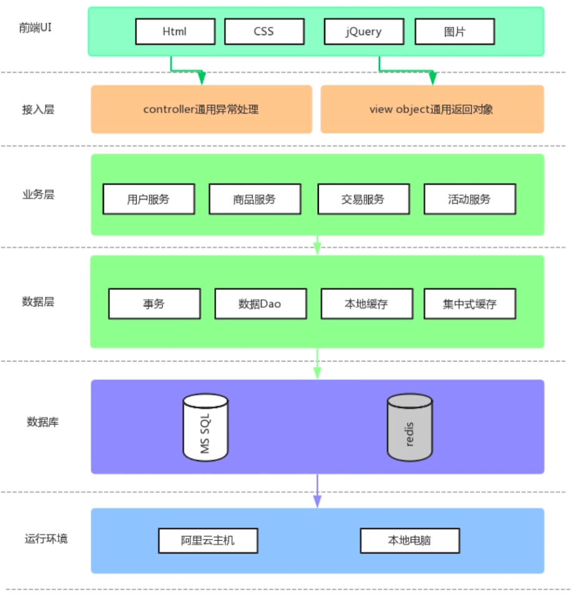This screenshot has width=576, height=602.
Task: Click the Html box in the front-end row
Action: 175,31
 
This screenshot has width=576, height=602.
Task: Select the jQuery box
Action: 364,31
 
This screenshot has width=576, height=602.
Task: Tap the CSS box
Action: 264,31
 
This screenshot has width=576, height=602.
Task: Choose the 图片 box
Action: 454,31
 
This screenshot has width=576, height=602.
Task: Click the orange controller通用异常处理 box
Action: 201,109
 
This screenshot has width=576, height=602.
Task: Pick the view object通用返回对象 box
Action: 432,109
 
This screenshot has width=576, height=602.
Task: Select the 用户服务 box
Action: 149,199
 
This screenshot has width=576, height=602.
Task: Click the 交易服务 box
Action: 363,199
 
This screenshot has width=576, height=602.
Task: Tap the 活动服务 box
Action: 469,199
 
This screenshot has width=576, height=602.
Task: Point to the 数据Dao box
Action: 260,304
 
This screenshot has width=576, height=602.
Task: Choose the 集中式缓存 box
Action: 469,304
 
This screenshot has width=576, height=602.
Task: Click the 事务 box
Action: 154,304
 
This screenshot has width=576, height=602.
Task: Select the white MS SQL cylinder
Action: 205,427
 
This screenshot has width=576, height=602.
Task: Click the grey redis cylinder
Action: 409,427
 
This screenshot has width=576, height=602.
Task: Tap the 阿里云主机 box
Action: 208,541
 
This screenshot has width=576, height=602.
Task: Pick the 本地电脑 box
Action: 409,541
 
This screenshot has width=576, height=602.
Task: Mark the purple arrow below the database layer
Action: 317,491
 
